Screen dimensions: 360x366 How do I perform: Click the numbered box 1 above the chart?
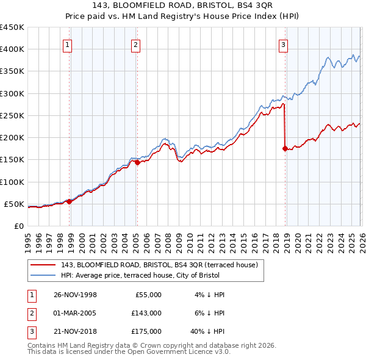tap(67, 44)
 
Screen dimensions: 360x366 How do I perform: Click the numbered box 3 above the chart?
tap(284, 44)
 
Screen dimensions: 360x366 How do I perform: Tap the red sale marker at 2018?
tap(285, 148)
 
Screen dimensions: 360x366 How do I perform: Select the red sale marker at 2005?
tap(137, 162)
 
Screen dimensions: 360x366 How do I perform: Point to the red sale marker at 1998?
tap(70, 201)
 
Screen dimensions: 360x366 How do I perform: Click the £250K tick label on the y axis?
tap(12, 115)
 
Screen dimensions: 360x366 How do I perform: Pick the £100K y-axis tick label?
tap(12, 182)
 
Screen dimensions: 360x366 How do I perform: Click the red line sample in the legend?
tap(44, 265)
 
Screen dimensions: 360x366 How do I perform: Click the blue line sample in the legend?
tap(44, 275)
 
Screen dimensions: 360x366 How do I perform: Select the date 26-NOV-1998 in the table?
tap(76, 295)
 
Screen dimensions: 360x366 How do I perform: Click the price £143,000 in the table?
tap(146, 313)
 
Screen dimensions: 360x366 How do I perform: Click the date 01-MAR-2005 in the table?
tap(76, 313)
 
